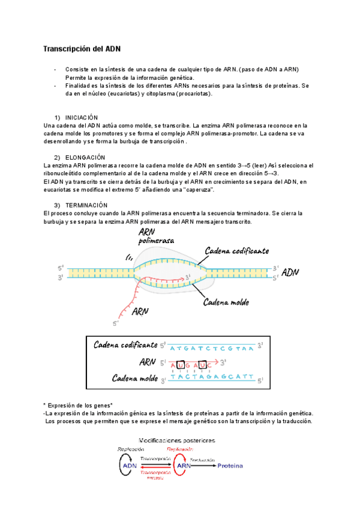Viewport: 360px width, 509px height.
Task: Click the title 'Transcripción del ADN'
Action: [82, 49]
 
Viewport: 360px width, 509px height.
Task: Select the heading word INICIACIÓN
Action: [82, 117]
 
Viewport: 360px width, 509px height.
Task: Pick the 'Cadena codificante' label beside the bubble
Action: [236, 250]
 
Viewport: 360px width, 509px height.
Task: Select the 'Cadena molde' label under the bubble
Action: [229, 301]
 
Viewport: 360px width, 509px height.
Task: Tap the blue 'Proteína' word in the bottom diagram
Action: [230, 465]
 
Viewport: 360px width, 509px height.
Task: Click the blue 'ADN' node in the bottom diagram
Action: [130, 465]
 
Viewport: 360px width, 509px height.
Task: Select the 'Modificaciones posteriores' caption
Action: [178, 439]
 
